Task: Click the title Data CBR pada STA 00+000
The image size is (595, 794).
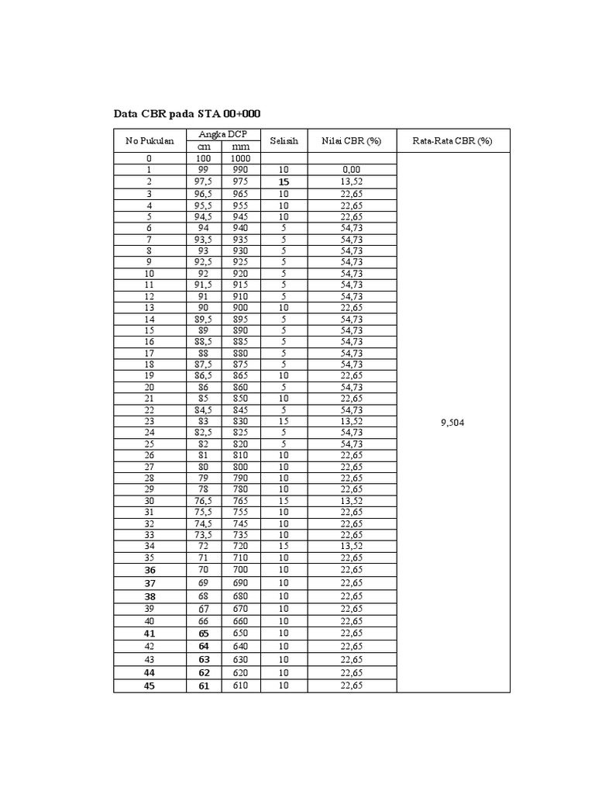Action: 187,114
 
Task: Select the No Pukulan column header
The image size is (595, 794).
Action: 150,141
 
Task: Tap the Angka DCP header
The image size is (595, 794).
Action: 222,135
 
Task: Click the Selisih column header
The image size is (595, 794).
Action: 284,141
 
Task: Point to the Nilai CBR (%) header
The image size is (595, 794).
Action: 352,141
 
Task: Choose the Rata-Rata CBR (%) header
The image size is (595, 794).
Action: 453,141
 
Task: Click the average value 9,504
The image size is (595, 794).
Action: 453,422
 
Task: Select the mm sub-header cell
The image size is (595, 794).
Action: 240,147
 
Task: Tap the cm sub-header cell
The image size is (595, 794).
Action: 204,147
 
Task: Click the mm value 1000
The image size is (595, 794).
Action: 240,158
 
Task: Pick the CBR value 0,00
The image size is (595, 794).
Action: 352,169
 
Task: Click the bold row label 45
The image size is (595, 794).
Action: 150,685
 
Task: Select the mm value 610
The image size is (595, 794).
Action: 240,685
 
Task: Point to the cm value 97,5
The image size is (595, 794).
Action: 204,181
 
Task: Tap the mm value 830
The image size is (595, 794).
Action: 240,420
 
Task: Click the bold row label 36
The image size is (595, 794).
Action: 150,570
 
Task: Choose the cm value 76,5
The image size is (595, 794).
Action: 204,501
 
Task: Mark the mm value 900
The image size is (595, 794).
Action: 240,308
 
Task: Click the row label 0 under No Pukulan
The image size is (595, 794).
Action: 150,158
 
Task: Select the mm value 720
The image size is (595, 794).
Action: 240,547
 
